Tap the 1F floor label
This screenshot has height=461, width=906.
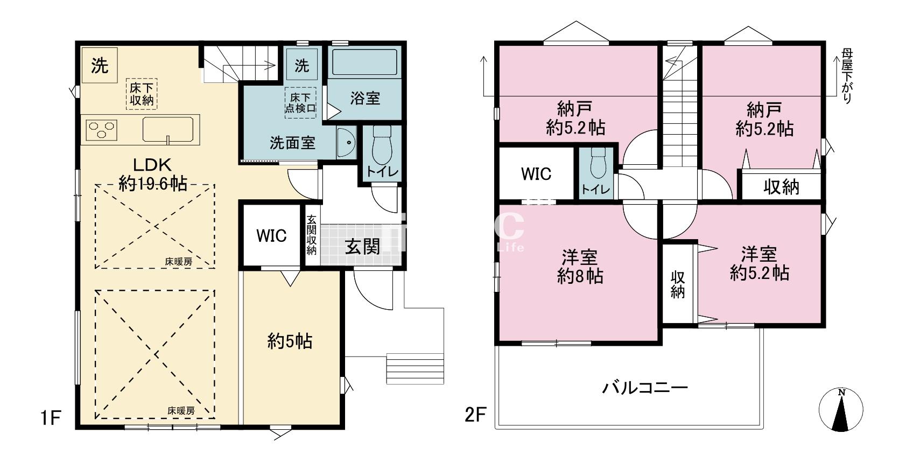(x=50, y=417)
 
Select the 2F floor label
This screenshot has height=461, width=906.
(x=476, y=415)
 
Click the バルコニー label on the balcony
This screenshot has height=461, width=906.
(x=645, y=388)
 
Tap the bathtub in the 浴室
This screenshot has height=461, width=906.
(x=364, y=62)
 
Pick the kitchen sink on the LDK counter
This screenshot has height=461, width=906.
(x=167, y=129)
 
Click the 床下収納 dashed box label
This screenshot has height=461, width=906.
(x=142, y=94)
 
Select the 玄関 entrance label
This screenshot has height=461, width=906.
(x=362, y=247)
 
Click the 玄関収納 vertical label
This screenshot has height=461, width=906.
(x=312, y=235)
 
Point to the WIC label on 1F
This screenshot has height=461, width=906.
(x=271, y=236)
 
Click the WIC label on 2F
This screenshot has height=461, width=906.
(x=536, y=174)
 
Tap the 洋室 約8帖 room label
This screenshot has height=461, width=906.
(x=580, y=266)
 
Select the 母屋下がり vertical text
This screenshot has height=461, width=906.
(x=847, y=75)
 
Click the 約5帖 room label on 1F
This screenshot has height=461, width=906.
(x=290, y=341)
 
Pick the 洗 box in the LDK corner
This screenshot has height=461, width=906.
(x=99, y=65)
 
